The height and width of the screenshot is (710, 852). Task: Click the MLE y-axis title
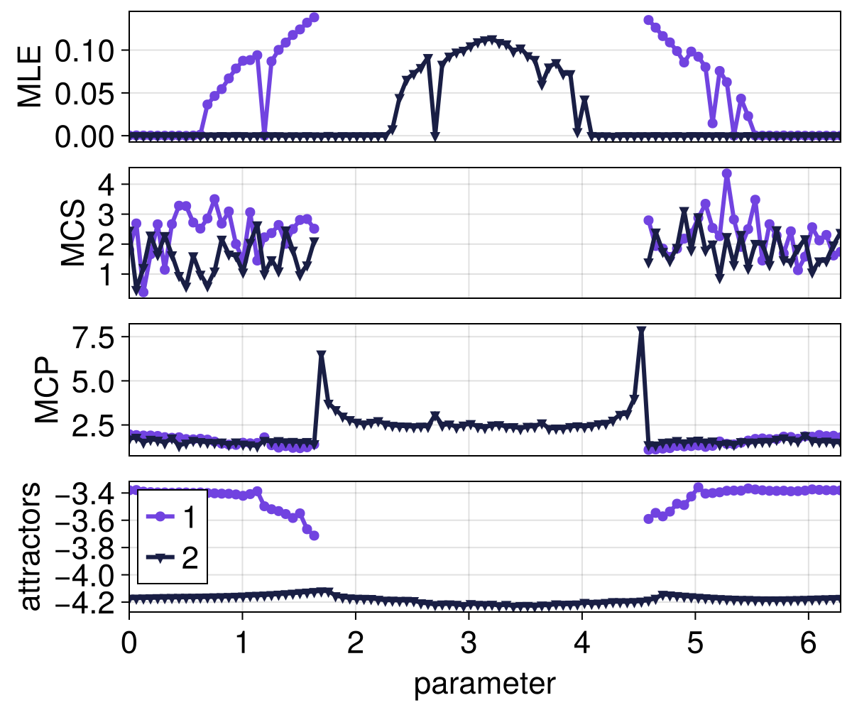coord(30,77)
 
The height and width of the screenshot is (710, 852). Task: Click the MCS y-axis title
coord(73,233)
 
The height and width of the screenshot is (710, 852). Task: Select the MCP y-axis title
coord(48,389)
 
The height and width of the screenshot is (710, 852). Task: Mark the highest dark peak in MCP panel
coord(641,332)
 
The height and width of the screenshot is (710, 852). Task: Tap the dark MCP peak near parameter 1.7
coord(321,355)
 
